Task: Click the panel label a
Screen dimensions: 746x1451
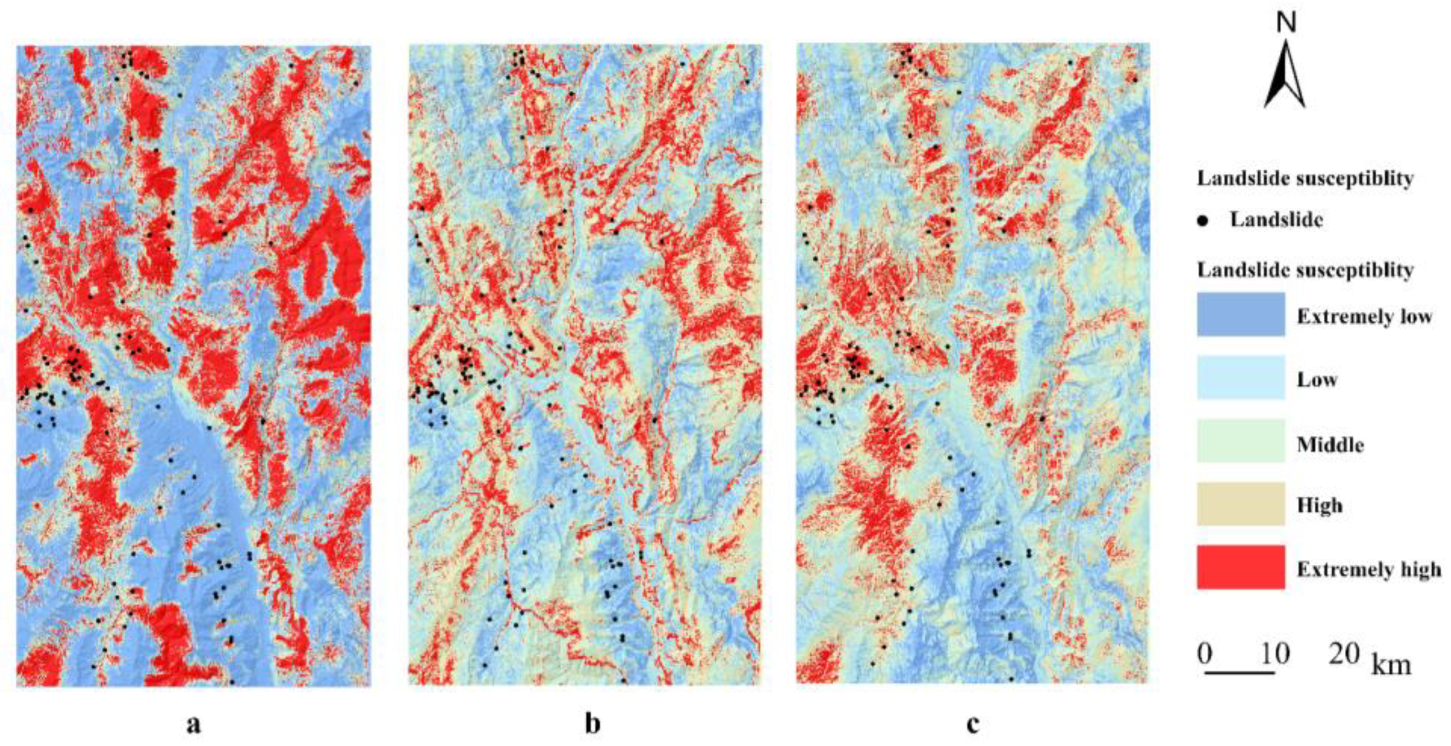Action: pos(193,724)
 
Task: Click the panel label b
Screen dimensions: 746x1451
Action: pos(592,724)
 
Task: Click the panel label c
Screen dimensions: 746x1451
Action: pos(973,724)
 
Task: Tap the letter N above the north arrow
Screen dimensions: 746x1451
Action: pos(1287,23)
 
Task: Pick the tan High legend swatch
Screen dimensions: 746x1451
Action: pos(1241,504)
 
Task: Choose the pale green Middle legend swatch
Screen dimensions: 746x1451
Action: pos(1241,441)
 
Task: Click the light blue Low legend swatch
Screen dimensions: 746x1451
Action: pos(1241,378)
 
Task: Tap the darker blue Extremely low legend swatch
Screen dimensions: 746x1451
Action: pos(1241,314)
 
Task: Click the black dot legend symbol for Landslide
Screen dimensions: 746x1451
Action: pos(1203,221)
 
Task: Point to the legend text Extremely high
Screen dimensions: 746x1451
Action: pos(1369,569)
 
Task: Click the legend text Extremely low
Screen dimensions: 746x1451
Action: pos(1364,317)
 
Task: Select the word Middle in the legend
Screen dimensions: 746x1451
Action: pos(1330,445)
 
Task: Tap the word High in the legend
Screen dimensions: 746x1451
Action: pos(1320,506)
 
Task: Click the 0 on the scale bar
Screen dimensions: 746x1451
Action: pos(1204,654)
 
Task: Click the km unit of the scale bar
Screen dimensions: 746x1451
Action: pos(1392,664)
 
